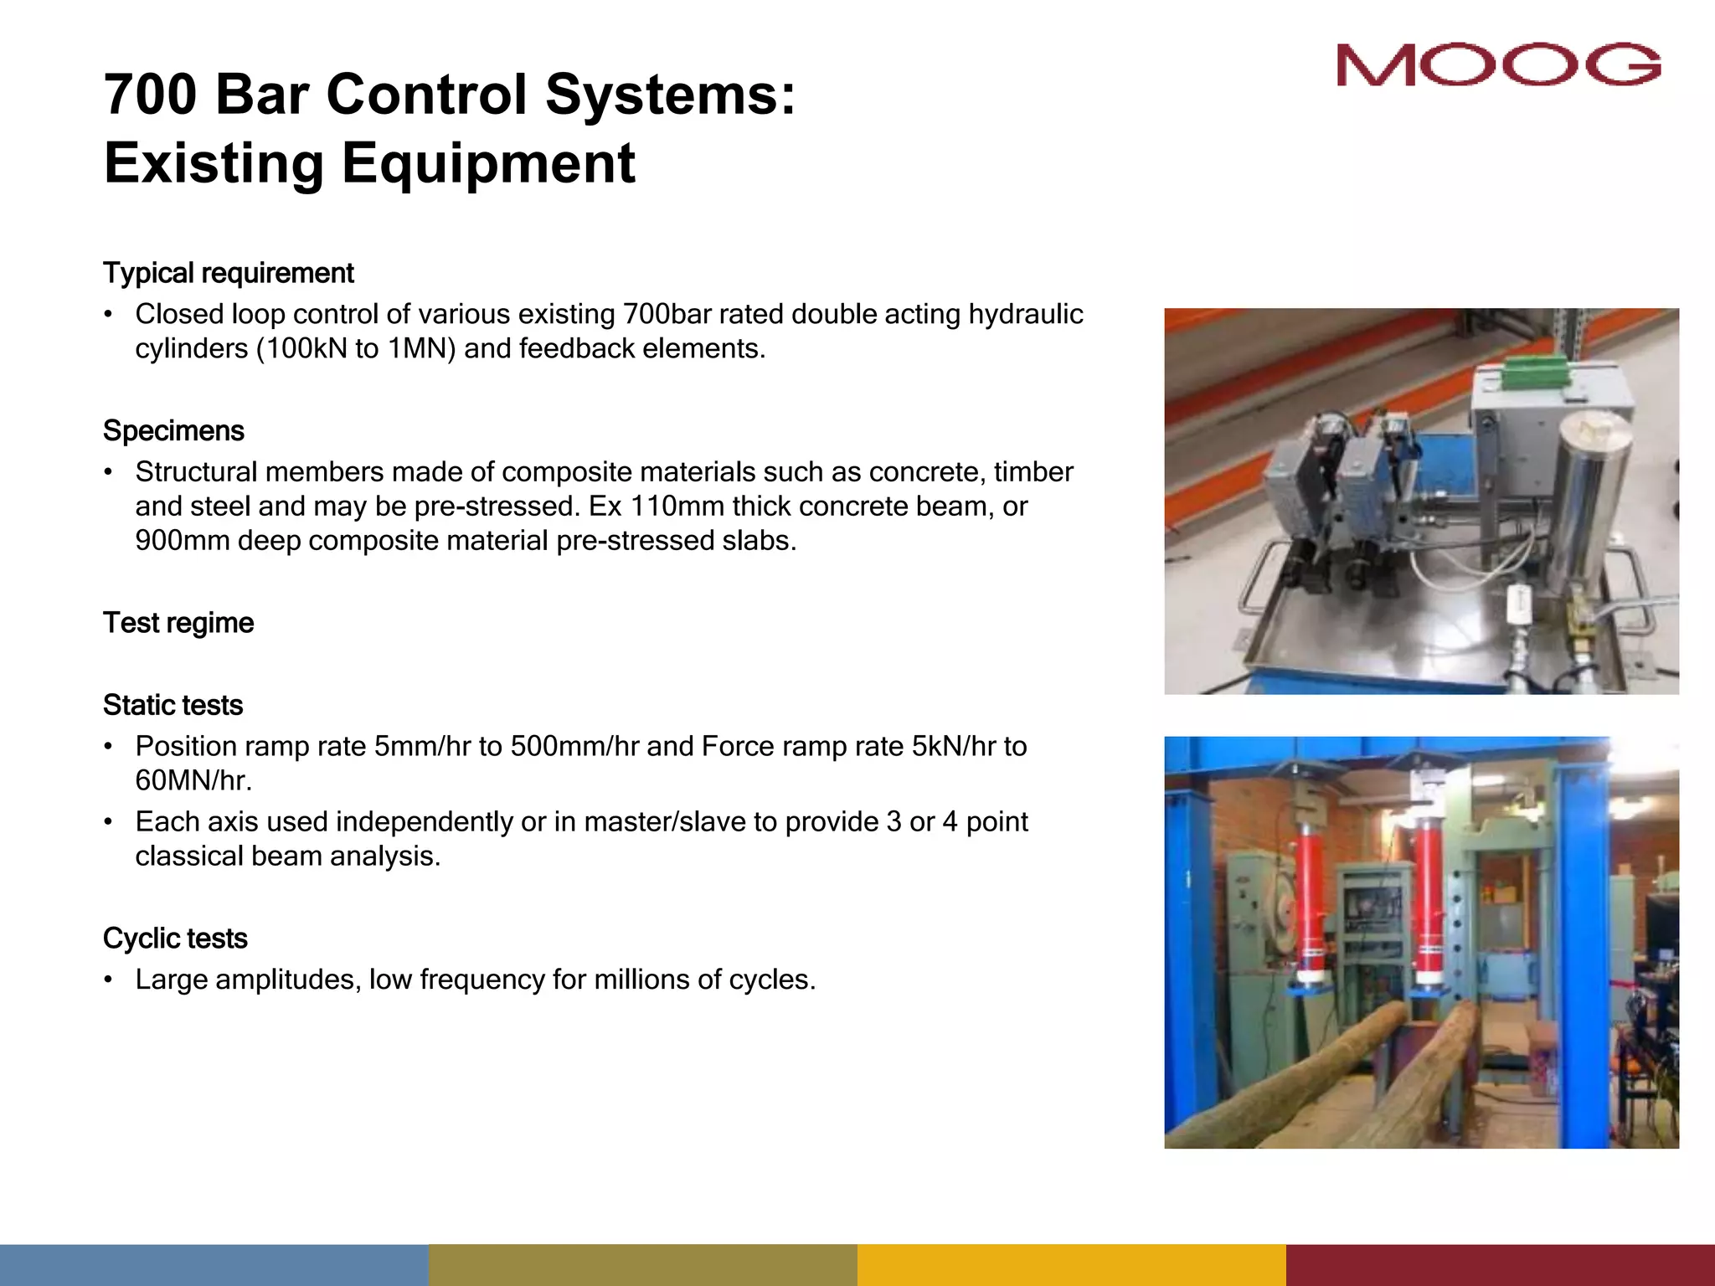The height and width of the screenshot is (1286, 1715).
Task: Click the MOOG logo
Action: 1498,64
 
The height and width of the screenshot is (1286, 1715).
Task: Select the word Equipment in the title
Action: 488,163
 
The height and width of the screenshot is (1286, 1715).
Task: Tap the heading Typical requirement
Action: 228,273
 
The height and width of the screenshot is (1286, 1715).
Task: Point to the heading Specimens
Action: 173,430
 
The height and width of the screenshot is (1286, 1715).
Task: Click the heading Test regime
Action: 178,623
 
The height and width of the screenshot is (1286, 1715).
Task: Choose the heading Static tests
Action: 173,705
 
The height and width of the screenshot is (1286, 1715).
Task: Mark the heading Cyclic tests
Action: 175,939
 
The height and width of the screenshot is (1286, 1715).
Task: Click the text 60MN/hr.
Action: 193,780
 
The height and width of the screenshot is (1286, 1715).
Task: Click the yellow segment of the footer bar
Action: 1071,1264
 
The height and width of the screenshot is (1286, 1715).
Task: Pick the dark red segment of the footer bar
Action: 1500,1264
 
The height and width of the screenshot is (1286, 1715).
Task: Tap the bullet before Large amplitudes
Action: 108,980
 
